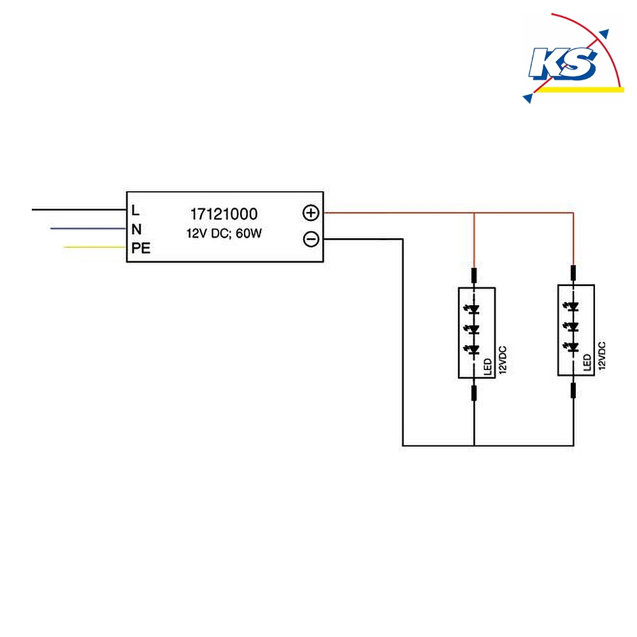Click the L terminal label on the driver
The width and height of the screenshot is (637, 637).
click(135, 210)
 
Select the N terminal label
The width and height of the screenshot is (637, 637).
click(136, 229)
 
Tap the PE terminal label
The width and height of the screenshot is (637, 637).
click(141, 248)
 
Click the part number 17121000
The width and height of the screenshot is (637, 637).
click(224, 214)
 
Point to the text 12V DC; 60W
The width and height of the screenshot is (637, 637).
click(224, 233)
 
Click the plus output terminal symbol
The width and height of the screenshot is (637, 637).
click(311, 213)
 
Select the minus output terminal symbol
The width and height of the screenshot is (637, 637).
click(311, 239)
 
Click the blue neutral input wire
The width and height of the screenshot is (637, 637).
click(88, 228)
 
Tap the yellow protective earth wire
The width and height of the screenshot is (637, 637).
click(95, 247)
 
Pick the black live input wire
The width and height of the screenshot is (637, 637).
click(79, 210)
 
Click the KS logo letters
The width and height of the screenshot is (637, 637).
click(562, 63)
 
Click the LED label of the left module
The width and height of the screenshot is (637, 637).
click(488, 366)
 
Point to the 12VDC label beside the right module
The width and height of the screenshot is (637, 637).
click(602, 355)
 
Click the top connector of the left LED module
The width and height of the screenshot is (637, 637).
click(474, 275)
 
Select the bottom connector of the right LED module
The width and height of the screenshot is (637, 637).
click(573, 390)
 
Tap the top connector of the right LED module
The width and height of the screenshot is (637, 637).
click(573, 273)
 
